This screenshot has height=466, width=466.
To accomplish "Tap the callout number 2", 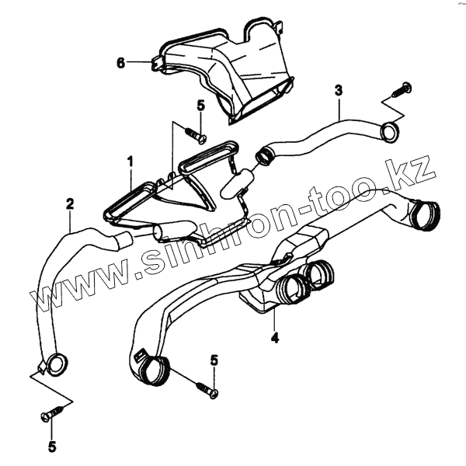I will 70,204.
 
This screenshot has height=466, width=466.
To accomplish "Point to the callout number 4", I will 274,338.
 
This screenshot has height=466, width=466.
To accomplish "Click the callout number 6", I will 120,63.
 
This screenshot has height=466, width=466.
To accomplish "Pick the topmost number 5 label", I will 200,105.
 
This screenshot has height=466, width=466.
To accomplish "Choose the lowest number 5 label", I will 52,447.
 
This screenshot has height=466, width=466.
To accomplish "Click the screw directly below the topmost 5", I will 194,137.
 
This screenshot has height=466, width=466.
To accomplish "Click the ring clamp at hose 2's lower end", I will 54,363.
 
